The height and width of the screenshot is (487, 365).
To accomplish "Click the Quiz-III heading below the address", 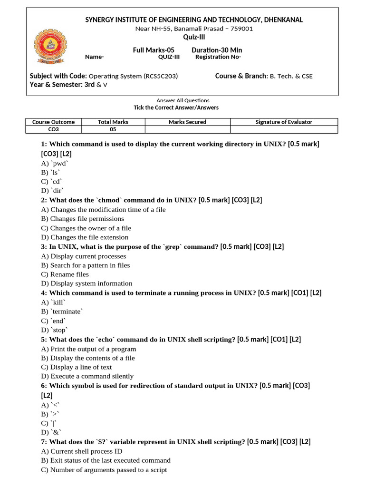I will (194, 38).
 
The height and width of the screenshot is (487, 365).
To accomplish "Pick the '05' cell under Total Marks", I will (113, 129).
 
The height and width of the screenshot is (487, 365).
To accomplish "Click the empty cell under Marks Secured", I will (187, 129).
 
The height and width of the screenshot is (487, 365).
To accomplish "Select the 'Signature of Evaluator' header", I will (284, 122).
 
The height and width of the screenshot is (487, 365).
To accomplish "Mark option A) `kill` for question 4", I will (53, 302).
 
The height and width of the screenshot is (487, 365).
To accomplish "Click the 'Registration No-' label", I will (218, 57).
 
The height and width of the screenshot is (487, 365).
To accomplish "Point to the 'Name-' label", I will (94, 57).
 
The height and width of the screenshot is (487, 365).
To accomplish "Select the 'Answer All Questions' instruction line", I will (183, 100).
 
